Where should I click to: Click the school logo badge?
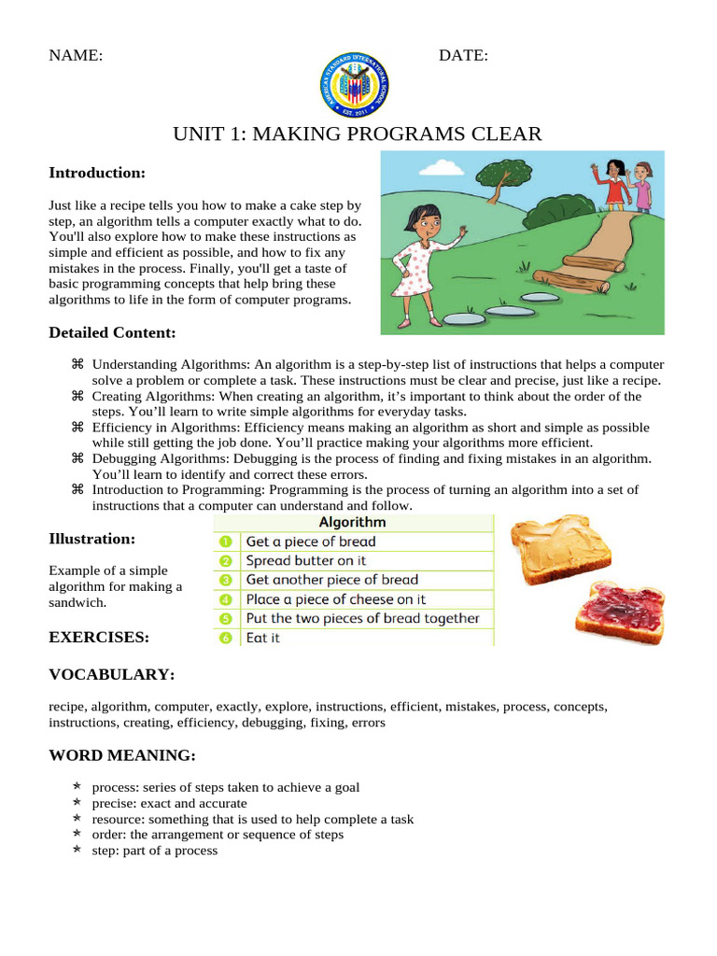tap(354, 84)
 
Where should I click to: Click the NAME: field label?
tap(76, 56)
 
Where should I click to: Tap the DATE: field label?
tap(463, 56)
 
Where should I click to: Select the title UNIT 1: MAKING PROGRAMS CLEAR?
tap(358, 134)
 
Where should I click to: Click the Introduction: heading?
tap(97, 173)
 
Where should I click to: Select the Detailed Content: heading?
tap(112, 332)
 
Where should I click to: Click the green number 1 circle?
tap(225, 541)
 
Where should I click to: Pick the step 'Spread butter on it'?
tap(305, 561)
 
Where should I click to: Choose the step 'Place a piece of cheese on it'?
tap(335, 599)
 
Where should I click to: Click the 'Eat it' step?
tap(262, 639)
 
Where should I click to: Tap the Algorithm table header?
tap(352, 523)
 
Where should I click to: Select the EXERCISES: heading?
tap(98, 638)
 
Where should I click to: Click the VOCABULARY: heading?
tap(111, 674)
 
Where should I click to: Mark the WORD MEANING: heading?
tap(121, 755)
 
